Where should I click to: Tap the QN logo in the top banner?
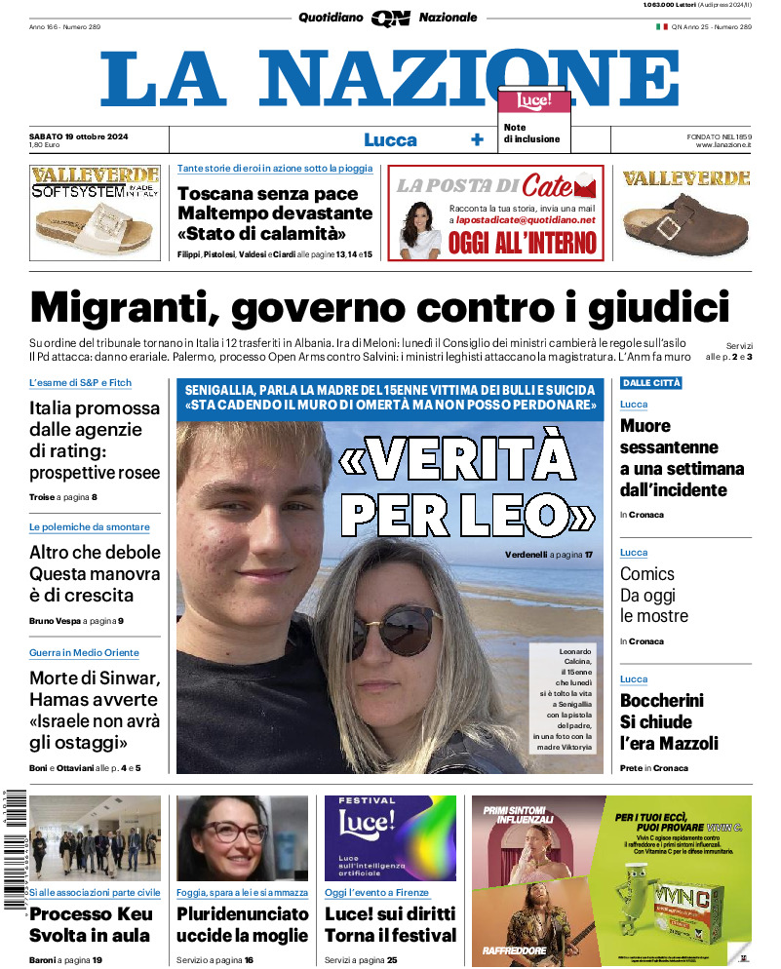(x=390, y=18)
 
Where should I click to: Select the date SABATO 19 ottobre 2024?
(x=73, y=135)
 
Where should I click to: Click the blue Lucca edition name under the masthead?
(x=390, y=140)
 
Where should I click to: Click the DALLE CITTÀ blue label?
(x=650, y=383)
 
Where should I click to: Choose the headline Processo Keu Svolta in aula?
(x=90, y=925)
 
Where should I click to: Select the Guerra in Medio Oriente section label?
(x=84, y=653)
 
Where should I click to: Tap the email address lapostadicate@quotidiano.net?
(x=525, y=221)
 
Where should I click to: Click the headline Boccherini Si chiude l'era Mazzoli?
(x=669, y=721)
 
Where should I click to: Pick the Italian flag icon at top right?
(x=661, y=26)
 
